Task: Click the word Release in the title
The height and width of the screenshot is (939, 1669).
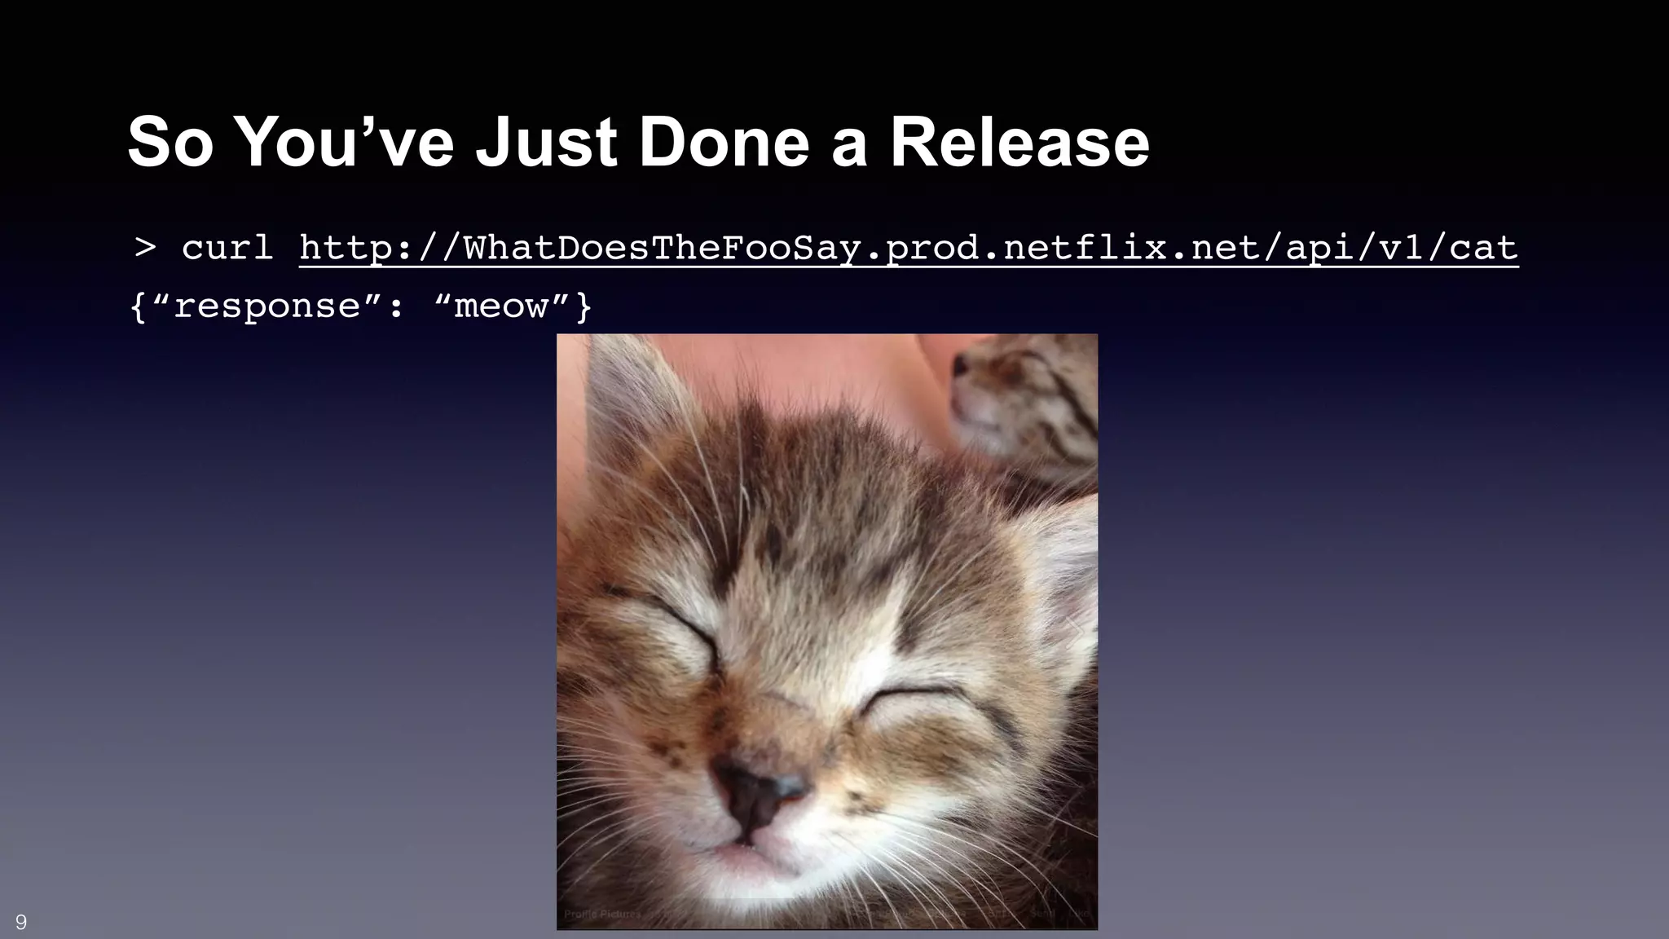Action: coord(1019,143)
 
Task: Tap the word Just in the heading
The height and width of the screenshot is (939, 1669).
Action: coord(546,143)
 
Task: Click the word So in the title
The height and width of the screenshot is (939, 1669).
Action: coord(170,143)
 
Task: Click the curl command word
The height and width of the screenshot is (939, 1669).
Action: coord(227,247)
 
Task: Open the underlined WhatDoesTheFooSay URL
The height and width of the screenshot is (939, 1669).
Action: coord(908,247)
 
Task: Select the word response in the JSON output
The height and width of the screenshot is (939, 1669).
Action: coord(267,307)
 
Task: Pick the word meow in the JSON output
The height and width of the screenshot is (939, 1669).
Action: coord(500,307)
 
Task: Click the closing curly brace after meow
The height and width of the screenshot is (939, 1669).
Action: coord(583,307)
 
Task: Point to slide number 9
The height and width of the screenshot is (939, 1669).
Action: coord(21,922)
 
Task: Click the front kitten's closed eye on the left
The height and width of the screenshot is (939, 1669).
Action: coord(680,628)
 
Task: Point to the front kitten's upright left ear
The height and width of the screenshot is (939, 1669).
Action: coord(632,399)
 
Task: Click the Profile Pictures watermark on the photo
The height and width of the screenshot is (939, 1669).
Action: coord(602,915)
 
